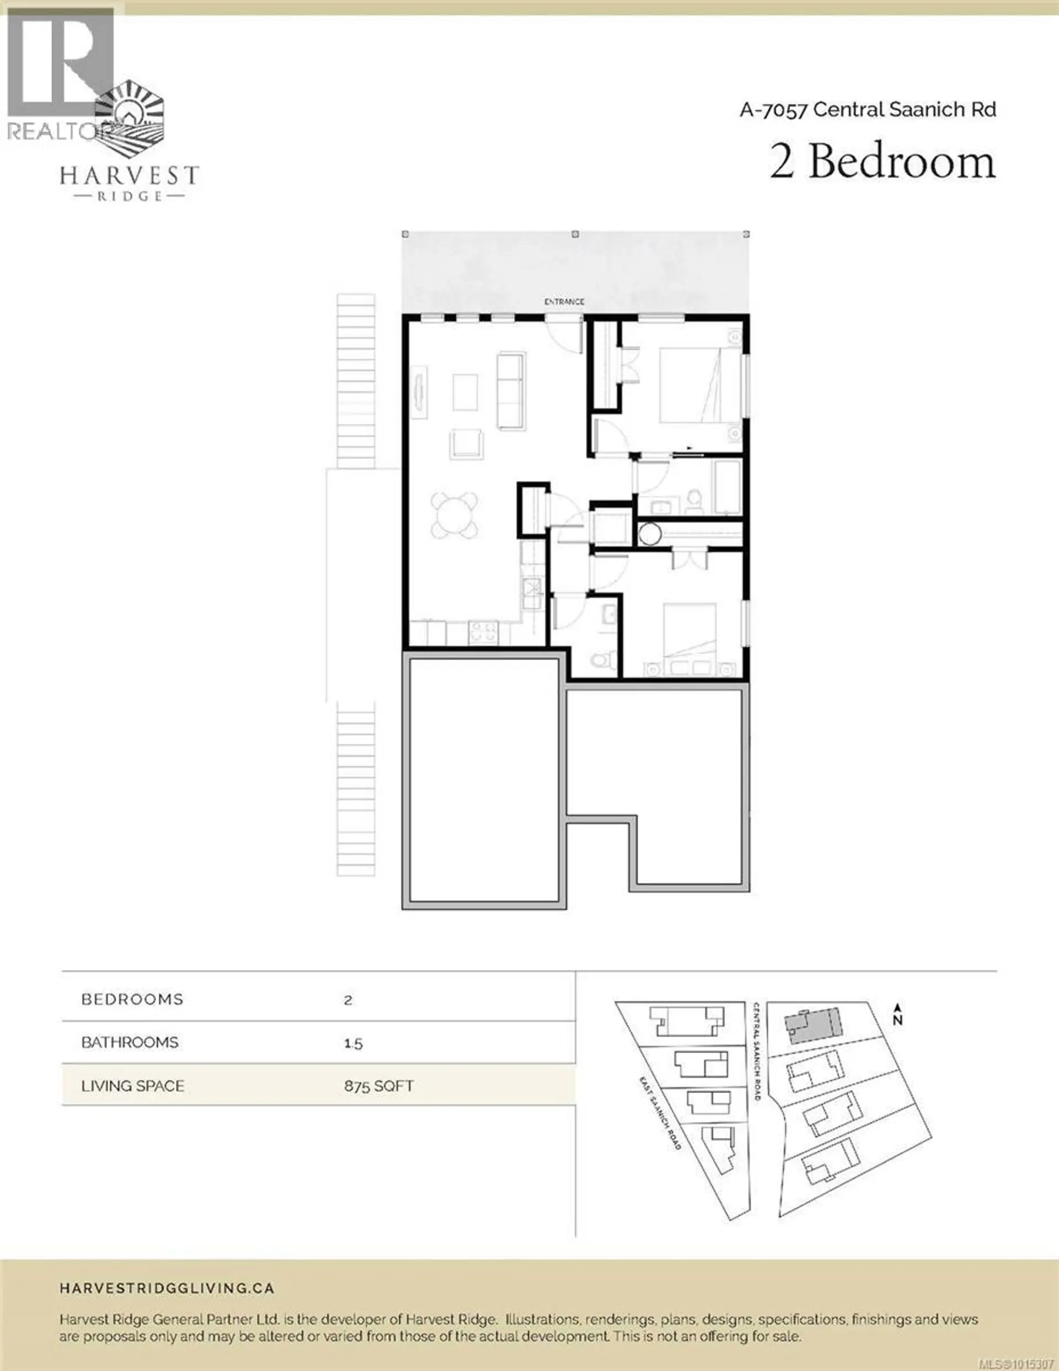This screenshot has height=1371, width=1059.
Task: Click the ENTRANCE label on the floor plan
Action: [x=564, y=302]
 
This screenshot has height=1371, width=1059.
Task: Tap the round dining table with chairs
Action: [x=454, y=515]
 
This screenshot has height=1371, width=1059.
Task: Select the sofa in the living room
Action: [x=511, y=391]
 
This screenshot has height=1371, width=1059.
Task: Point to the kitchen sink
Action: [x=532, y=592]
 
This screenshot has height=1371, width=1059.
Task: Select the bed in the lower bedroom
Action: [x=691, y=634]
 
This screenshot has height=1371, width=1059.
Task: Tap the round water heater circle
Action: [x=650, y=535]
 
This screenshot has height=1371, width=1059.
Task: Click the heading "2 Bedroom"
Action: [x=882, y=162]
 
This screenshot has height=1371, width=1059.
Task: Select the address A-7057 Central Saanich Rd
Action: [x=868, y=110]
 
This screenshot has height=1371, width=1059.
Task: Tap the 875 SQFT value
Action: [x=378, y=1086]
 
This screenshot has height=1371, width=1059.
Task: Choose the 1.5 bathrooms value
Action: [x=354, y=1043]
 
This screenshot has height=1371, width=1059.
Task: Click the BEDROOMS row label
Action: [x=132, y=999]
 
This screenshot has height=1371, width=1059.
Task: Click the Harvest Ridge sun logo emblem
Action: [x=131, y=119]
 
